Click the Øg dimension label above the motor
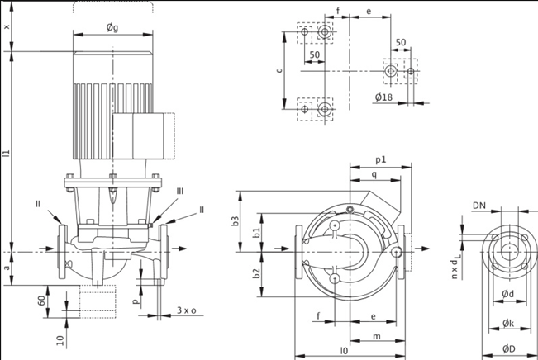113,27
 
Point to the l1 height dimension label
7,152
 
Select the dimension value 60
41,300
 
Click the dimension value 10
60,340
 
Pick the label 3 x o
187,310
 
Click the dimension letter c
281,70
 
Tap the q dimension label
375,174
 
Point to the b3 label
235,220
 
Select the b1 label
256,234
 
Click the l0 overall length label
343,350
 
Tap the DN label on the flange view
479,205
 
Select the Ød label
509,293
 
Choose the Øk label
509,322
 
